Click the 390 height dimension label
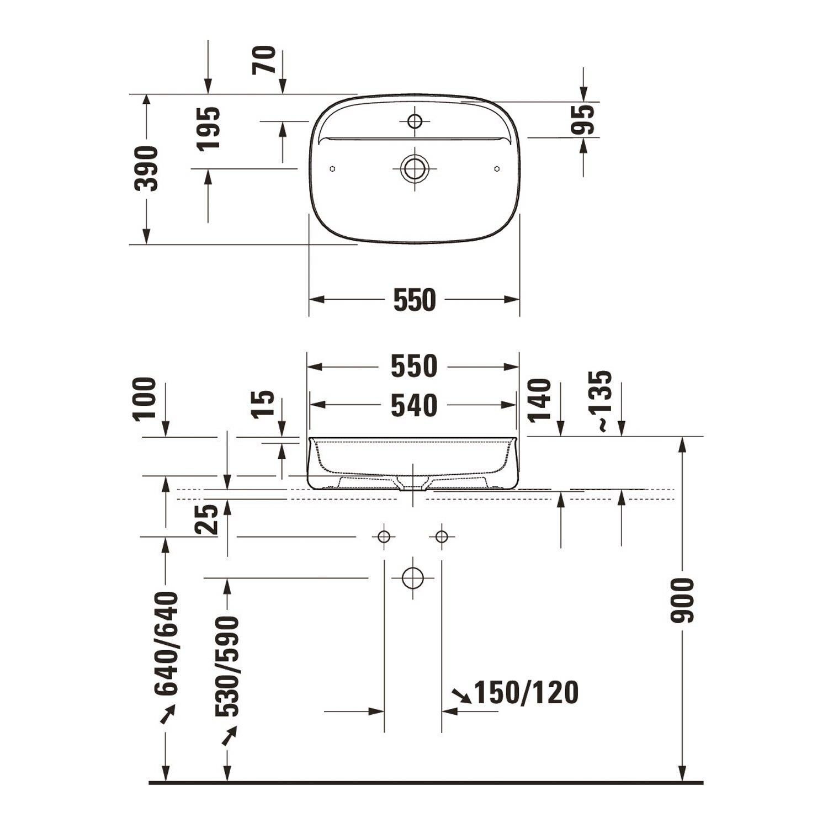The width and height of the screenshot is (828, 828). coord(146,169)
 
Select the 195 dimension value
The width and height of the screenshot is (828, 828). coord(209,129)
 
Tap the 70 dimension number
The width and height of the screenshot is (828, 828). coord(264,60)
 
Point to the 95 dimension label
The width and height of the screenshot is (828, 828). coord(583,120)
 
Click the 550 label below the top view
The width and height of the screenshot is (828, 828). coord(415,300)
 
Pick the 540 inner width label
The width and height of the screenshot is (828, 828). coord(414,406)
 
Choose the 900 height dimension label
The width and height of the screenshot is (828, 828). coord(682,601)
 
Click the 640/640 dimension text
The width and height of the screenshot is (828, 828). coord(167,644)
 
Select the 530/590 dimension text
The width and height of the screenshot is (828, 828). coord(227,667)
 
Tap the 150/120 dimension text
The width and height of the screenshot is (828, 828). coord(527,693)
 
